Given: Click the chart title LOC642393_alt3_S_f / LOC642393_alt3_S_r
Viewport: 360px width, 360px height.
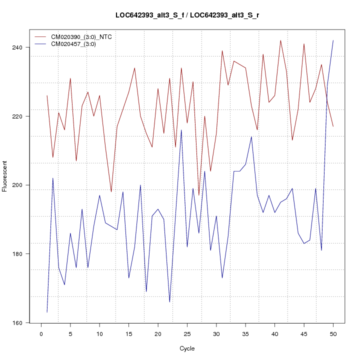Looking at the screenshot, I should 187,15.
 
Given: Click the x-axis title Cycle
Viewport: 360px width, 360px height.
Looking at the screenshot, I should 187,348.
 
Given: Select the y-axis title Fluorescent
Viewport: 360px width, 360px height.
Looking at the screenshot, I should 5,176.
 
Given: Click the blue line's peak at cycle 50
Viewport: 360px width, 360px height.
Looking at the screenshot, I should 333,40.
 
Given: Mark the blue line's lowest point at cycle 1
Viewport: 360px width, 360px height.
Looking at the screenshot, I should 47,312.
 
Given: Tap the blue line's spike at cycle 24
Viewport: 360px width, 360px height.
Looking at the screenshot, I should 181,130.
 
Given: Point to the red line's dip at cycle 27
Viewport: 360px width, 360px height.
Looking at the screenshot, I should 199,195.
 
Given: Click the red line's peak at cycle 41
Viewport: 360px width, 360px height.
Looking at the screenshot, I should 280,40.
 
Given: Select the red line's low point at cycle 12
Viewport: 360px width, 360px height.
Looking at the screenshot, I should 111,192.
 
